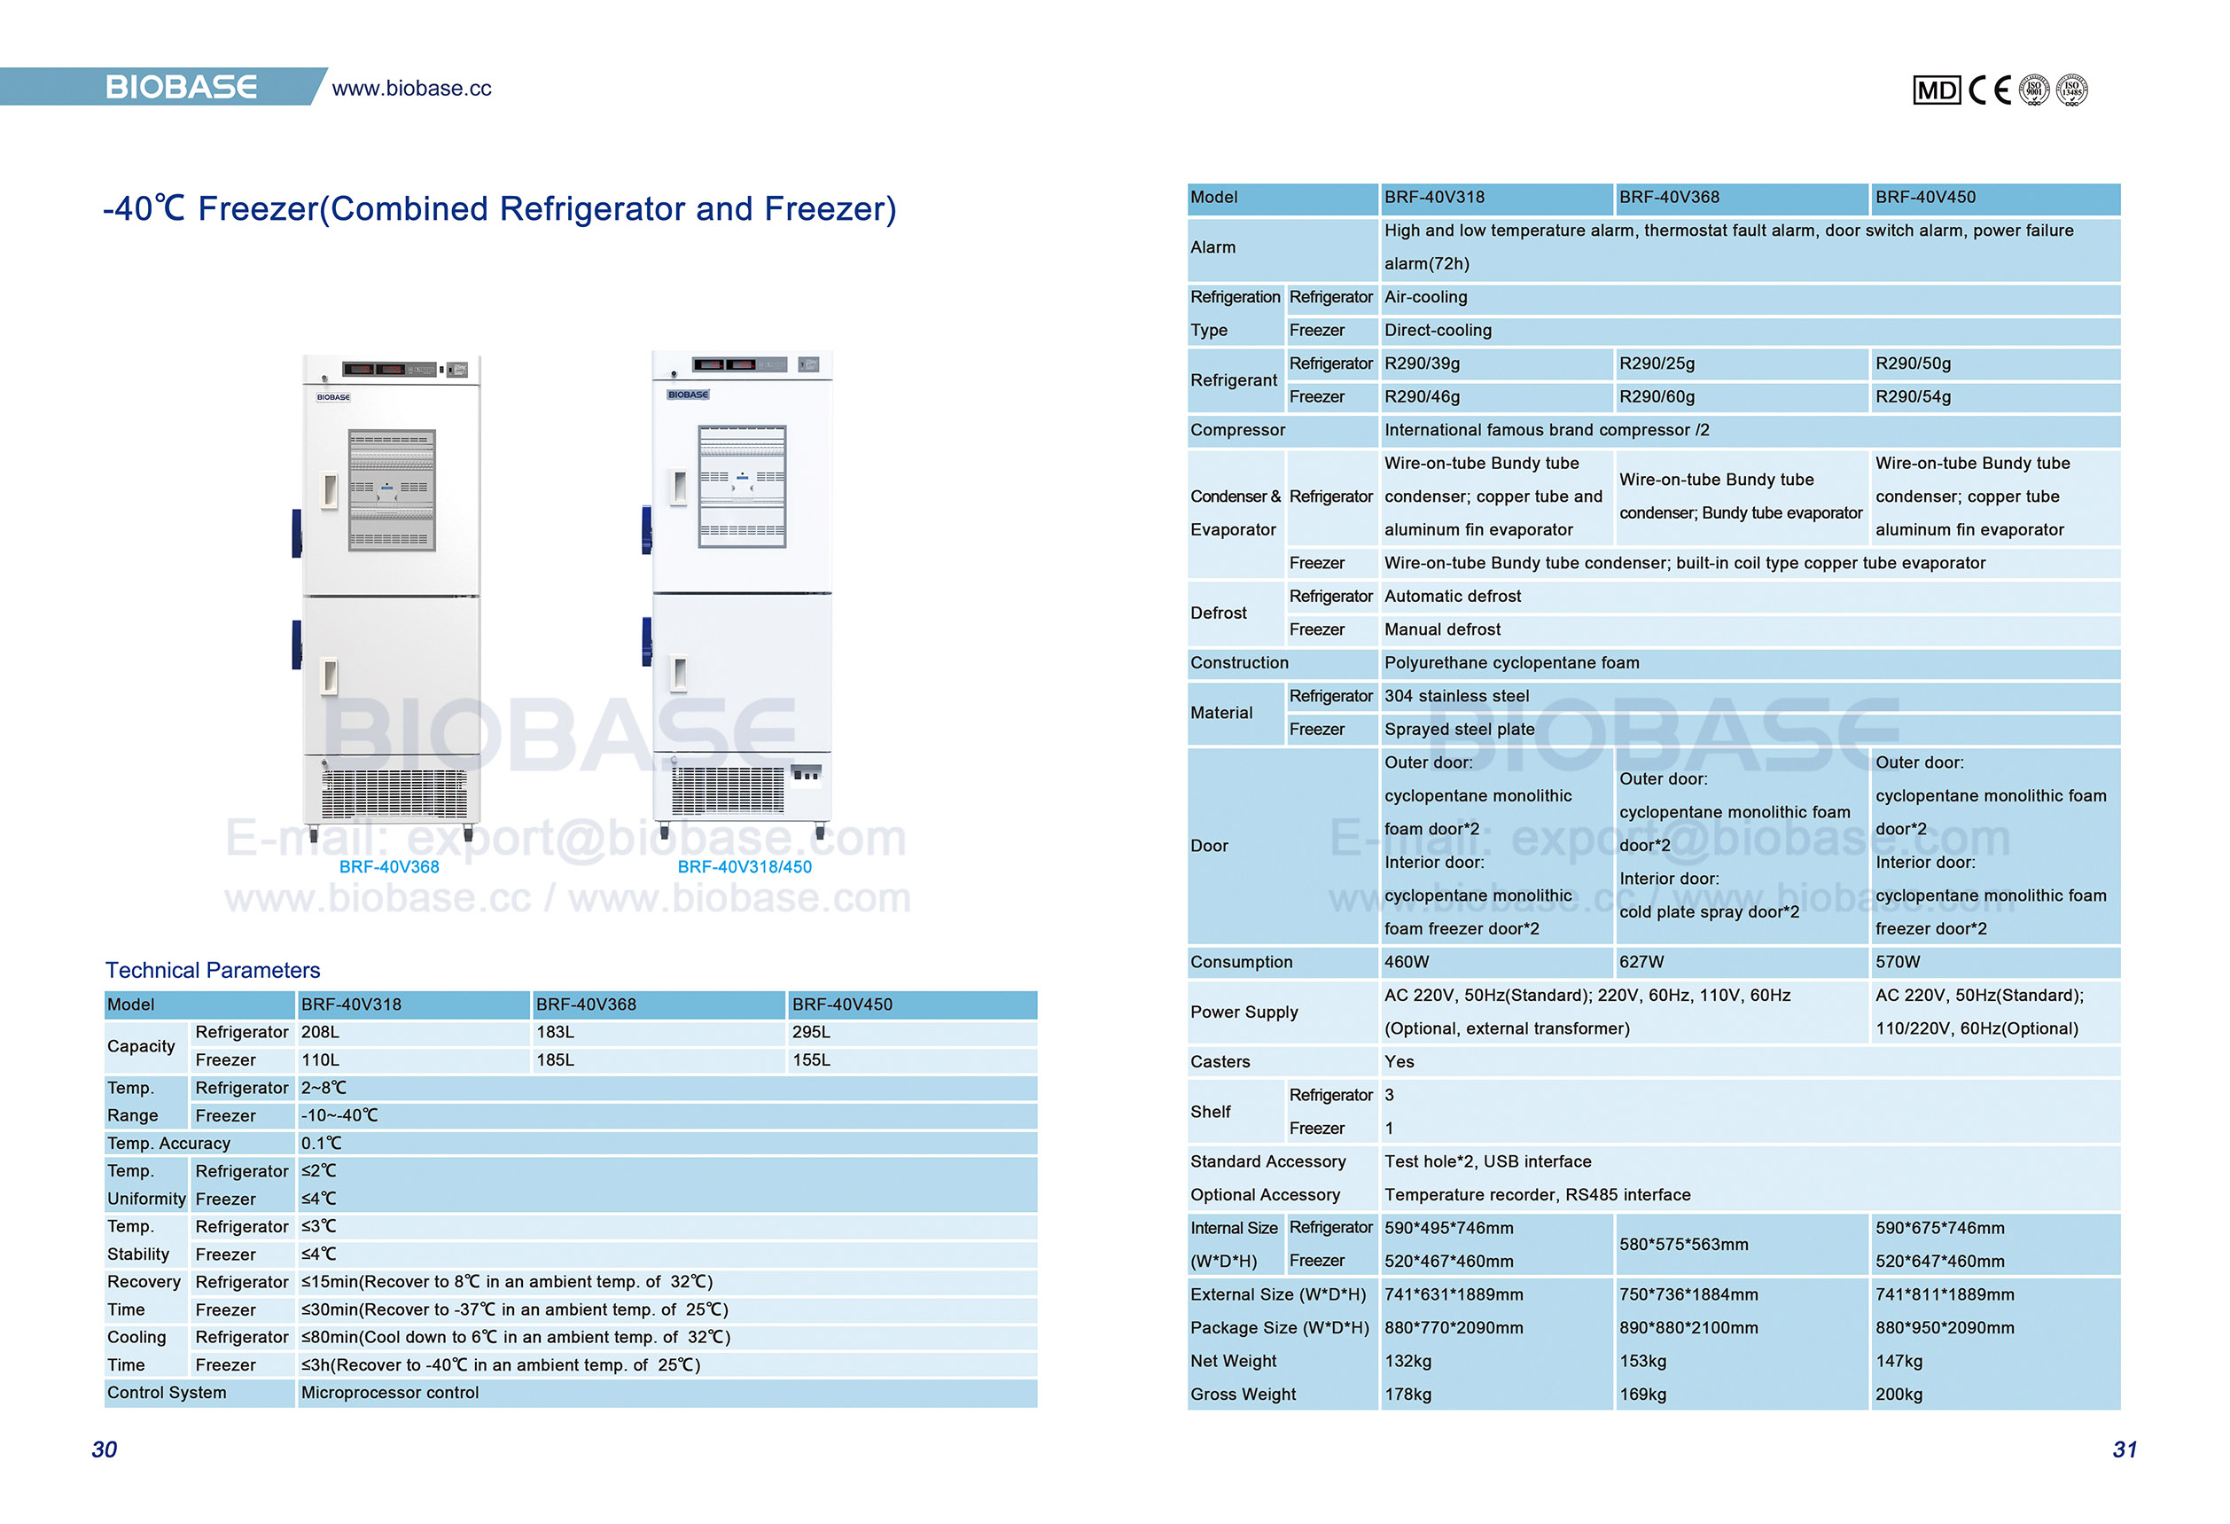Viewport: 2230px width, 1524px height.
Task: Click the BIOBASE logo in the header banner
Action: tap(181, 88)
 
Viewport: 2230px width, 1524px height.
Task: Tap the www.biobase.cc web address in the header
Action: tap(410, 89)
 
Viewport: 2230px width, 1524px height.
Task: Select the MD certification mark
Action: tap(1936, 90)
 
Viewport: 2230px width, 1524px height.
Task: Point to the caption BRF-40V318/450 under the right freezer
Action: tap(744, 866)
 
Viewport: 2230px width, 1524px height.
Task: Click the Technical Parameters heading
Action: tap(212, 970)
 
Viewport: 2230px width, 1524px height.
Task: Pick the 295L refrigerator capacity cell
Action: tap(811, 1033)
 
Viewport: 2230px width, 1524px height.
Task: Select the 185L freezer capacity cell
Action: tap(555, 1060)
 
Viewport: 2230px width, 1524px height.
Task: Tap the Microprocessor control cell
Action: tap(390, 1393)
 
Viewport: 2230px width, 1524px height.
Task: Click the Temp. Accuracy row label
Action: tap(169, 1143)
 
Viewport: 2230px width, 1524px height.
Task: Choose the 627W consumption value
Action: tap(1641, 962)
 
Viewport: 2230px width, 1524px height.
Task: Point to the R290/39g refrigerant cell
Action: tap(1421, 363)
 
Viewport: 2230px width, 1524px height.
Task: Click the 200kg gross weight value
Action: tap(1898, 1395)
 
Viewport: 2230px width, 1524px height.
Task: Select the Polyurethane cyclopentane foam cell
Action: tap(1511, 663)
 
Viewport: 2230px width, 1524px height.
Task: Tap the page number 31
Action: tap(2125, 1450)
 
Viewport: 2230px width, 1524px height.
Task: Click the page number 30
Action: tap(105, 1450)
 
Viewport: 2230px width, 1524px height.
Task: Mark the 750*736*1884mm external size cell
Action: tap(1688, 1294)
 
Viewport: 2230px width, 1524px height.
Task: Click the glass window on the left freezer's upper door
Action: tap(392, 489)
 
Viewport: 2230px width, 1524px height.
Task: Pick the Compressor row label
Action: tap(1238, 430)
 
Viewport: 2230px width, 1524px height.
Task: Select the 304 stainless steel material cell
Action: tap(1456, 696)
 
